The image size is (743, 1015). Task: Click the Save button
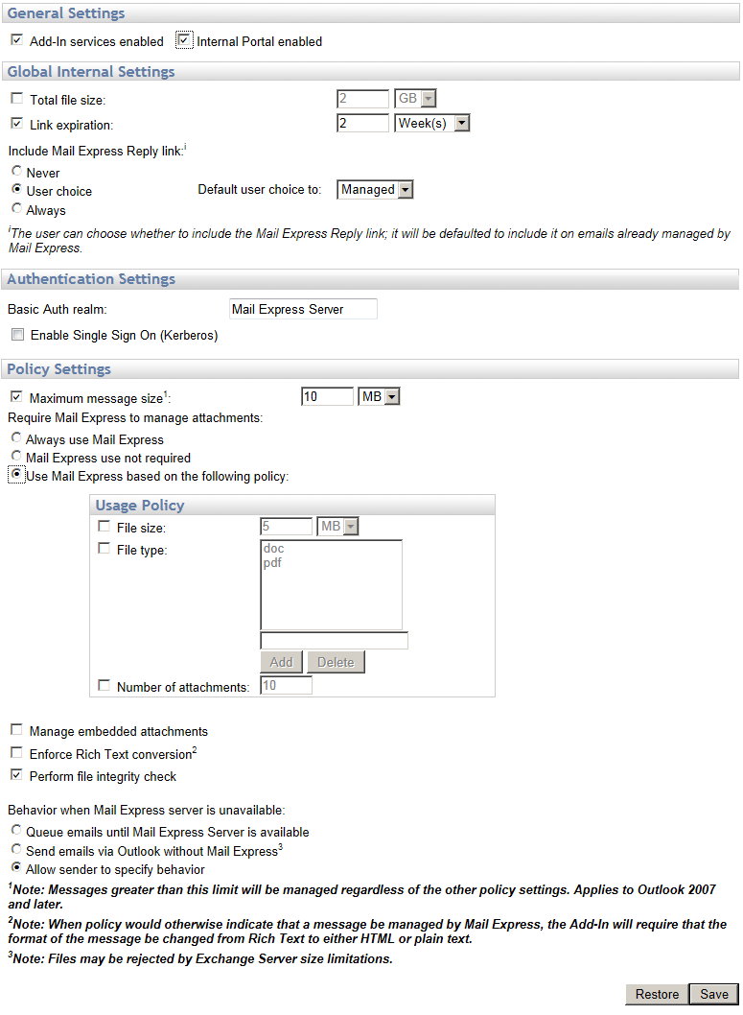tap(713, 994)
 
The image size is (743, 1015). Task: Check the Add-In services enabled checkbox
tap(16, 41)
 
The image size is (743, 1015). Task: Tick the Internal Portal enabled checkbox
tap(185, 41)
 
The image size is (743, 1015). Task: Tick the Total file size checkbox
tap(16, 99)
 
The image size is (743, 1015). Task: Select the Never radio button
tap(16, 172)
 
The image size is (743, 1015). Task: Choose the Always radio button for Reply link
tap(16, 208)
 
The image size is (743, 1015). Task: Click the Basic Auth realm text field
tap(303, 309)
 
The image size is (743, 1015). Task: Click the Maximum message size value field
tap(327, 397)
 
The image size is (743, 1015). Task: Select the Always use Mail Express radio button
tap(16, 438)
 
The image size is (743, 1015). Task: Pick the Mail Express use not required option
tap(16, 457)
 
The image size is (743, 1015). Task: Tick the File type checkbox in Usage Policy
tap(104, 550)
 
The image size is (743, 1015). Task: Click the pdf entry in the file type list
tap(272, 563)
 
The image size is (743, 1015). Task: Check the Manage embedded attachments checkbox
tap(16, 730)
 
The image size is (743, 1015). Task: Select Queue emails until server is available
tap(16, 831)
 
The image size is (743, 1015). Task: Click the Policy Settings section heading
tap(59, 369)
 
